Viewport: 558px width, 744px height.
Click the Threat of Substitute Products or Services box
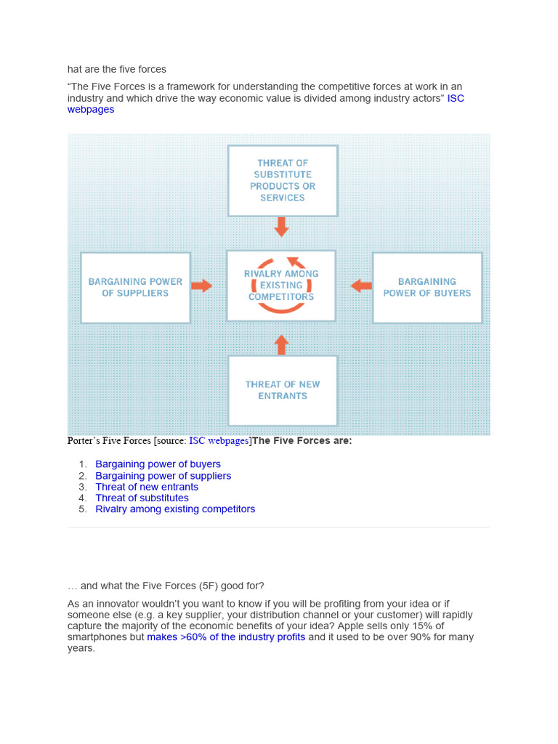283,180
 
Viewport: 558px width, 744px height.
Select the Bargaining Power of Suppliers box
135,288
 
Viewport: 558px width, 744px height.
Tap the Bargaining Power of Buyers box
427,288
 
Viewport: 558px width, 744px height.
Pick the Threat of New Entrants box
283,390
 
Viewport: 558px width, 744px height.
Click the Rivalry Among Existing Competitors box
281,286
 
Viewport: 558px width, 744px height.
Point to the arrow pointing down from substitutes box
282,227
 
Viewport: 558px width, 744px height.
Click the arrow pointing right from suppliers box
202,286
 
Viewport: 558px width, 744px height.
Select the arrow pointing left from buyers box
361,286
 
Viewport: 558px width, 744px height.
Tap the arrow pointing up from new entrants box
282,344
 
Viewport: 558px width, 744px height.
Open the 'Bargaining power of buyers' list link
158,464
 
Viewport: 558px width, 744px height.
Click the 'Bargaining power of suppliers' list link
163,476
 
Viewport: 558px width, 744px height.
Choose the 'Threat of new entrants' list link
147,487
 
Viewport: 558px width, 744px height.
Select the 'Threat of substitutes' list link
142,498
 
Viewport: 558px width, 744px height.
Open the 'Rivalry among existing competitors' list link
175,509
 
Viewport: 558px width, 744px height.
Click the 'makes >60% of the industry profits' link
226,637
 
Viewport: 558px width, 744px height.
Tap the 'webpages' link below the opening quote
91,110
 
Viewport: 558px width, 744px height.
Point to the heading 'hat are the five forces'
117,70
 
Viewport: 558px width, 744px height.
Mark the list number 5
83,509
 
